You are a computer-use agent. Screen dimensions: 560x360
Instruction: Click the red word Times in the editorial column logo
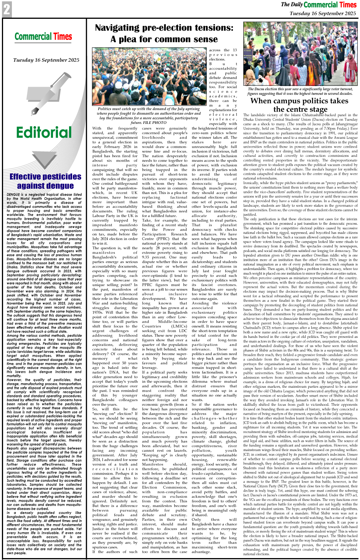63,37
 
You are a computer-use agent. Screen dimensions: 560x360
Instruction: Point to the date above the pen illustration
46,60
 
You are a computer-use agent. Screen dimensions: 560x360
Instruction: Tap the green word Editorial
44,132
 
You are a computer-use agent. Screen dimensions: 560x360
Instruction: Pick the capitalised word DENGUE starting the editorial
13,195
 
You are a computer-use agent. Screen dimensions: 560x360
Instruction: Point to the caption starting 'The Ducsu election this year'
301,91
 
